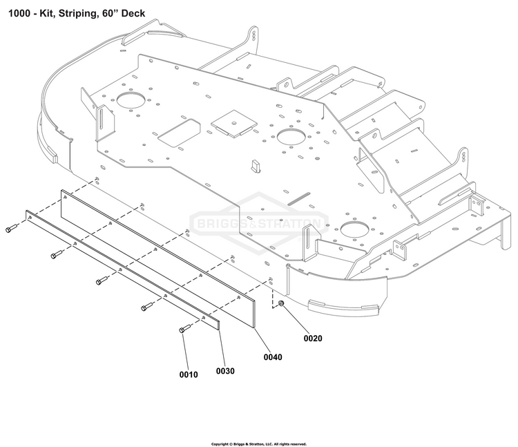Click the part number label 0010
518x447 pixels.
coord(189,374)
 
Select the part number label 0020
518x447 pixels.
coord(313,339)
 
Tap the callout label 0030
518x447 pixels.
coord(225,371)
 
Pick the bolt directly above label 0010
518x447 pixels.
coord(184,330)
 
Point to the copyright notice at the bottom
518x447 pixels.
coord(258,444)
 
